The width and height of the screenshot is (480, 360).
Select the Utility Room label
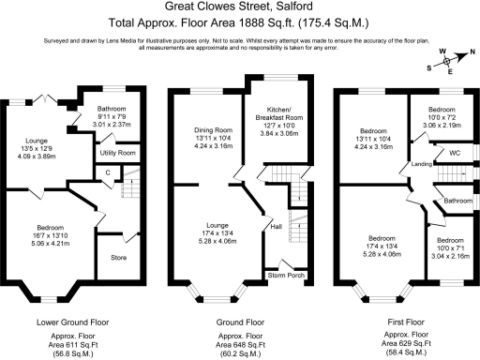coord(118,152)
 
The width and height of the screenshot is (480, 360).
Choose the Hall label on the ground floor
coord(276,226)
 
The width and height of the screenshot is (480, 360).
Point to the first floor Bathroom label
coord(457,201)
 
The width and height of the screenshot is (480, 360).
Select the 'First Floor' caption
coord(406,321)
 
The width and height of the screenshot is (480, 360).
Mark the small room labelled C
coord(108,172)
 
